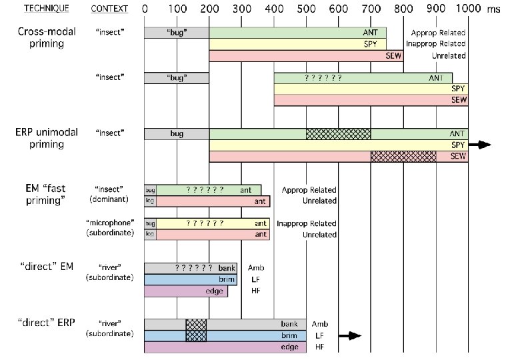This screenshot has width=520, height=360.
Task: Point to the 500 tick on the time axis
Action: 339,9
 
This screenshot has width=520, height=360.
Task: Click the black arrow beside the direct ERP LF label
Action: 351,336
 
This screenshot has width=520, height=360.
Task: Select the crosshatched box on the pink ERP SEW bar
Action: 403,156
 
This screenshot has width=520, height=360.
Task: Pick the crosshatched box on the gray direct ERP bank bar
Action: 196,324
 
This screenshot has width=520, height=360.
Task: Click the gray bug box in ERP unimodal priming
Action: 177,133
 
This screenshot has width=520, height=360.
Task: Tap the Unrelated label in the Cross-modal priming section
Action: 447,55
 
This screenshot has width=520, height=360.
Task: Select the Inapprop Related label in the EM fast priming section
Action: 309,223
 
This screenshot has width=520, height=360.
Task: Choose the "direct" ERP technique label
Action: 47,323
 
